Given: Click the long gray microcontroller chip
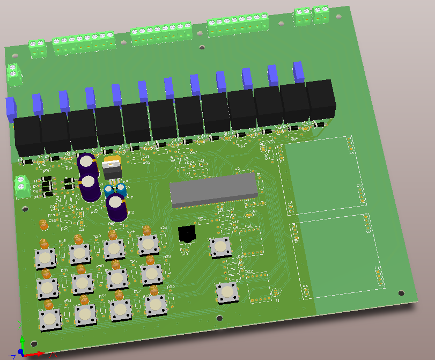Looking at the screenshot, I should pyautogui.click(x=213, y=190).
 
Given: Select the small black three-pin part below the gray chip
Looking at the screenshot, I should pyautogui.click(x=186, y=234).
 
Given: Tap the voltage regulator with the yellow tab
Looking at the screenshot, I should pyautogui.click(x=112, y=167).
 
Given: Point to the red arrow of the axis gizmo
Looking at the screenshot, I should pyautogui.click(x=39, y=354).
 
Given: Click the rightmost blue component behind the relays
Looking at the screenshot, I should pyautogui.click(x=299, y=71).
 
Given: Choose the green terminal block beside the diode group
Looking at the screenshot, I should pyautogui.click(x=21, y=183).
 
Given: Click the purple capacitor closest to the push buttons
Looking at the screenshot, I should pyautogui.click(x=116, y=207).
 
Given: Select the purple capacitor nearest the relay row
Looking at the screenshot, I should pyautogui.click(x=86, y=164).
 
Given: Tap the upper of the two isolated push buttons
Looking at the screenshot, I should pyautogui.click(x=220, y=247).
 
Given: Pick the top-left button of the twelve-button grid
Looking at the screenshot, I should pyautogui.click(x=46, y=258).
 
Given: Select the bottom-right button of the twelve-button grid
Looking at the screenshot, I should pyautogui.click(x=156, y=304).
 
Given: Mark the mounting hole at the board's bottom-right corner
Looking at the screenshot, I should pyautogui.click(x=400, y=293).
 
